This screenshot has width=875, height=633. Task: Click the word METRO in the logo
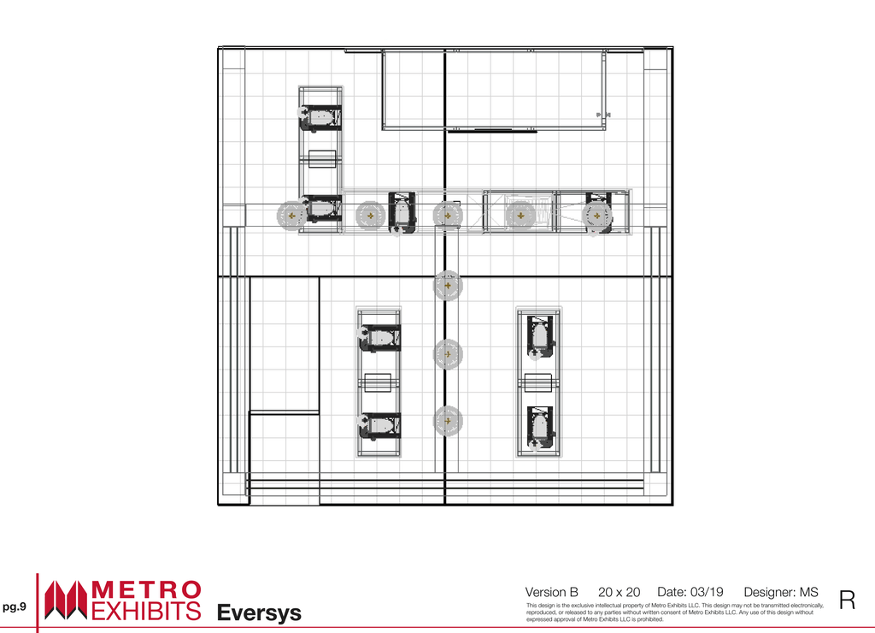[146, 590]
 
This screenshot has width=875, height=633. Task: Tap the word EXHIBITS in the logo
[146, 611]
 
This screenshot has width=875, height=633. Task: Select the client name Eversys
[259, 612]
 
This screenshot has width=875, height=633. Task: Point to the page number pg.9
[14, 606]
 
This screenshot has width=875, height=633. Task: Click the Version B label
[551, 592]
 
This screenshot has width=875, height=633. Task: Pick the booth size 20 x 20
[619, 592]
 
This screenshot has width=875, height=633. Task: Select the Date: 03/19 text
[690, 592]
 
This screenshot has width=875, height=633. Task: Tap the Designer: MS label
[781, 592]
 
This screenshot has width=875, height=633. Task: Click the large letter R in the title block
[847, 600]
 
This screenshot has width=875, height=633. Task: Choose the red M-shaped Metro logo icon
[66, 600]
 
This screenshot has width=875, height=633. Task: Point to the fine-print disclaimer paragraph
[675, 612]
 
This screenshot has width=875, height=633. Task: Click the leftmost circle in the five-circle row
[291, 216]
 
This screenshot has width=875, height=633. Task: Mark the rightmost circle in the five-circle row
[596, 216]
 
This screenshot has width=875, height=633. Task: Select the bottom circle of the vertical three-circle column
[448, 421]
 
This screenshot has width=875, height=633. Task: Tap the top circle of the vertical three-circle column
[448, 286]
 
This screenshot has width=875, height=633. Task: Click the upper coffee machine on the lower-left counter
[379, 338]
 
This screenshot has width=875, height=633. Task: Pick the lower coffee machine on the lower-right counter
[540, 428]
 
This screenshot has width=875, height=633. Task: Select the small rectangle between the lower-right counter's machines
[538, 382]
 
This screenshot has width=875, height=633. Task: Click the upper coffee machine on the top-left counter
[321, 118]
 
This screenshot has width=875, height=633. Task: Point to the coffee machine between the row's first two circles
[402, 212]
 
